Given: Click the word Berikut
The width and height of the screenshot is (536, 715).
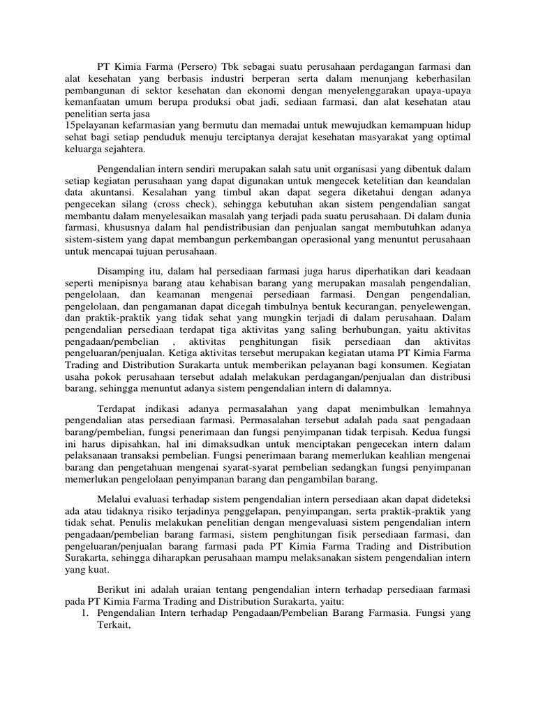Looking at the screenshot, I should click(114, 591).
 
